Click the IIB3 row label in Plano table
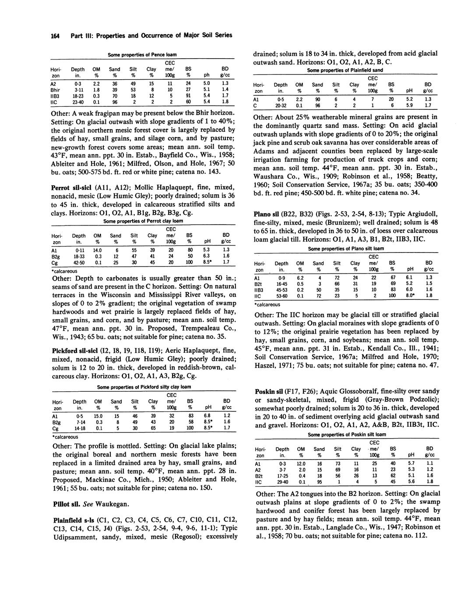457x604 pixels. (x=259, y=290)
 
